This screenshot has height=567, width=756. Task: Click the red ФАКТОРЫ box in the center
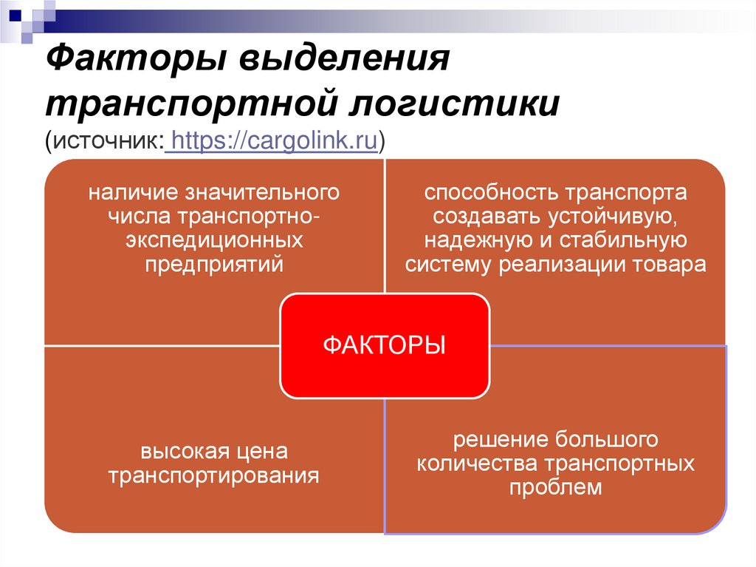[x=384, y=346]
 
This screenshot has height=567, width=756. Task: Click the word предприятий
[x=214, y=264]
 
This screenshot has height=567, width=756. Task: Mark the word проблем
[x=555, y=487]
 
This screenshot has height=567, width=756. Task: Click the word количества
[x=477, y=464]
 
